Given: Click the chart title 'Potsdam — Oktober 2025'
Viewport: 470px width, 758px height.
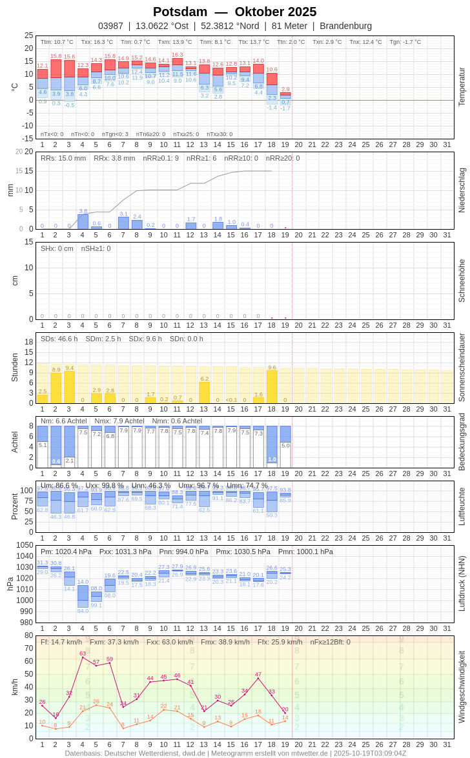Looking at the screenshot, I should coord(234,12).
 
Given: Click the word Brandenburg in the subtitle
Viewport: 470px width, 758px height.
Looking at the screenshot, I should coord(345,26).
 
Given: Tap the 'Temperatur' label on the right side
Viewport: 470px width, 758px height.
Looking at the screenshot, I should coord(462,87).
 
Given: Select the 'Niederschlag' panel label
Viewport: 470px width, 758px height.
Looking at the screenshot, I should coord(462,190).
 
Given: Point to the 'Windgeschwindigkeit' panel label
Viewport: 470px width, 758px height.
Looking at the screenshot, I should coord(462,686).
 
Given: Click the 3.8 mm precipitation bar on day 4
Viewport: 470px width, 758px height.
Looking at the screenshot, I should coord(83,222).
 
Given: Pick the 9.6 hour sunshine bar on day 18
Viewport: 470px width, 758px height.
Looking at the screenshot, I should coord(272,386).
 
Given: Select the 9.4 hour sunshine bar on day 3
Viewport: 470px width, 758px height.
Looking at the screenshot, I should coord(69,387).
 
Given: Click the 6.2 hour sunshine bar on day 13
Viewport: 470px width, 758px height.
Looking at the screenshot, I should coord(204,392).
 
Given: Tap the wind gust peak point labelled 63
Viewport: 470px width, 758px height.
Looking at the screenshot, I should coord(83,659).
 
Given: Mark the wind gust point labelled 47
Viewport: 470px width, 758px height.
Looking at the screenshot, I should coord(258,678).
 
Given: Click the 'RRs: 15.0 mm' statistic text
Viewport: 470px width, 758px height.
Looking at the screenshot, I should coord(63,158).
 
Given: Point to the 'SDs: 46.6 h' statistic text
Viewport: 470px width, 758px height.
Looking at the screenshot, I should coord(59,339).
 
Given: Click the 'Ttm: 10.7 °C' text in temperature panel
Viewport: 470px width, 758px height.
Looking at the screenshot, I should coord(57,42).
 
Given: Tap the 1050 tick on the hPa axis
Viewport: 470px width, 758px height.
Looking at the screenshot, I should coord(25,545).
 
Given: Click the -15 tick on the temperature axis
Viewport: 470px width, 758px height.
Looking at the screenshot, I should coord(26,138).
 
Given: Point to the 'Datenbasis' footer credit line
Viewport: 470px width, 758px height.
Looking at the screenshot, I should coord(235,753).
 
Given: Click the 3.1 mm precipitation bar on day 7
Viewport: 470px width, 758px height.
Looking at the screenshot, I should coord(123,223).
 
